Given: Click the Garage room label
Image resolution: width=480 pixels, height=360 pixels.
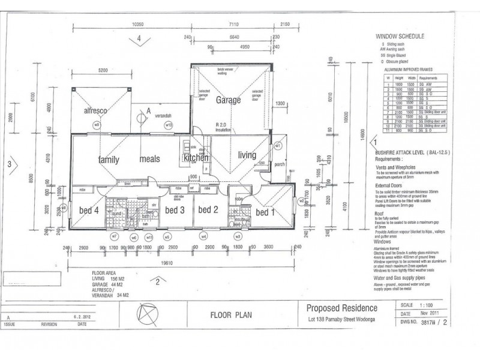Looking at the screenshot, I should [228, 100].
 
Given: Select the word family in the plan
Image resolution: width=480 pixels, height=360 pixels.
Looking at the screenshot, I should [109, 160].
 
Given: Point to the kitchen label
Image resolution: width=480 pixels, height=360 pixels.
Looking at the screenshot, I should [196, 157].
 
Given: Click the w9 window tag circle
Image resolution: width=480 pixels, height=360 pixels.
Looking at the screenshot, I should [95, 125].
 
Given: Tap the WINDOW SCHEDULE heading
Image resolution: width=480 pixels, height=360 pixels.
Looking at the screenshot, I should [399, 36].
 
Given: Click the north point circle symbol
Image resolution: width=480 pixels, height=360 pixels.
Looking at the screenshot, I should [144, 313].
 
